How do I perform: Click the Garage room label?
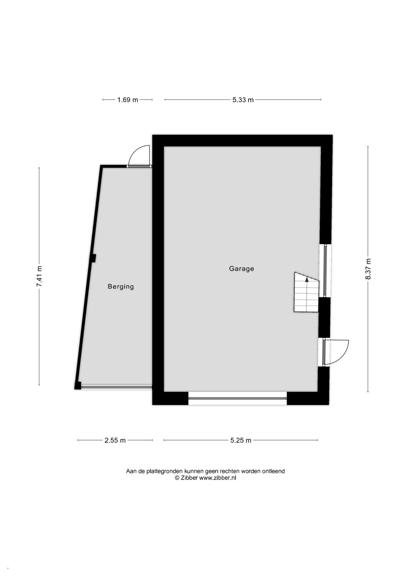[x=241, y=269]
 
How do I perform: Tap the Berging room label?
[x=121, y=286]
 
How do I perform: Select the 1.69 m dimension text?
[x=128, y=100]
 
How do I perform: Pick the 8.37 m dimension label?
[x=368, y=269]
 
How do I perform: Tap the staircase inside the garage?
[x=306, y=292]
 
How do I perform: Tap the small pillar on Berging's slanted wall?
[x=94, y=258]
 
